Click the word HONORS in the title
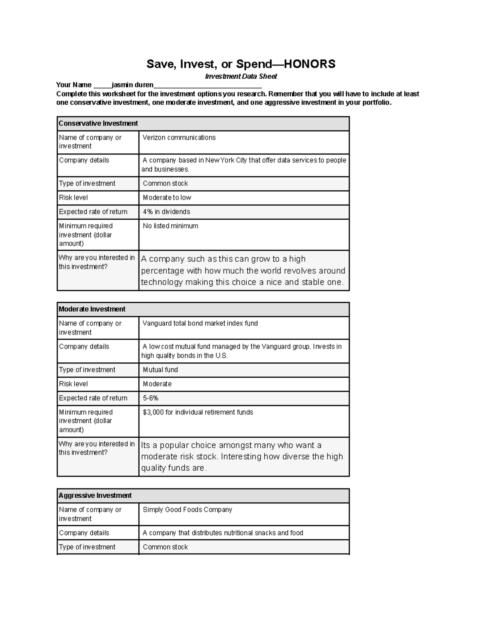pyautogui.click(x=309, y=64)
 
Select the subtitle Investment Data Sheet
pyautogui.click(x=241, y=76)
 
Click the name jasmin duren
pyautogui.click(x=133, y=85)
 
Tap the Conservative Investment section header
pyautogui.click(x=98, y=124)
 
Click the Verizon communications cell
pyautogui.click(x=179, y=138)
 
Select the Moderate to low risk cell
pyautogui.click(x=167, y=197)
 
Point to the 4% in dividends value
pyautogui.click(x=166, y=212)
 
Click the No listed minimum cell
pyautogui.click(x=170, y=226)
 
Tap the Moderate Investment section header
pyautogui.click(x=92, y=309)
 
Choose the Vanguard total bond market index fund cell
pyautogui.click(x=200, y=323)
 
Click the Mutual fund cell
pyautogui.click(x=160, y=370)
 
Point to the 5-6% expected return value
pyautogui.click(x=151, y=398)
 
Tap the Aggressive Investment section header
pyautogui.click(x=95, y=495)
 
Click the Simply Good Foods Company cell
pyautogui.click(x=187, y=509)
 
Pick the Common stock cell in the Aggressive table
pyautogui.click(x=165, y=547)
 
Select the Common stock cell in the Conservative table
pyautogui.click(x=165, y=183)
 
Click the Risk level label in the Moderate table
pyautogui.click(x=73, y=384)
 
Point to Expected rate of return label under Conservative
pyautogui.click(x=93, y=212)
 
